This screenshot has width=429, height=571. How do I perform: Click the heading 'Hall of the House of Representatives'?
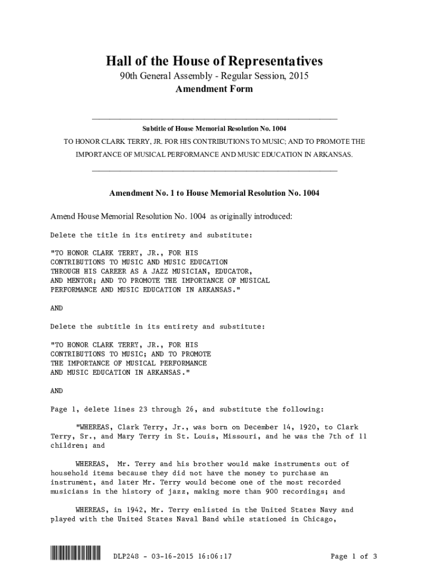(214, 61)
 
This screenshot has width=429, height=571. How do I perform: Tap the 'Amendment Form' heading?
(214, 89)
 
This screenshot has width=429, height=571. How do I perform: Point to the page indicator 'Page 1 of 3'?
(354, 556)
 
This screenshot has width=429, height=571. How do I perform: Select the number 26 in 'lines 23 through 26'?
(189, 409)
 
